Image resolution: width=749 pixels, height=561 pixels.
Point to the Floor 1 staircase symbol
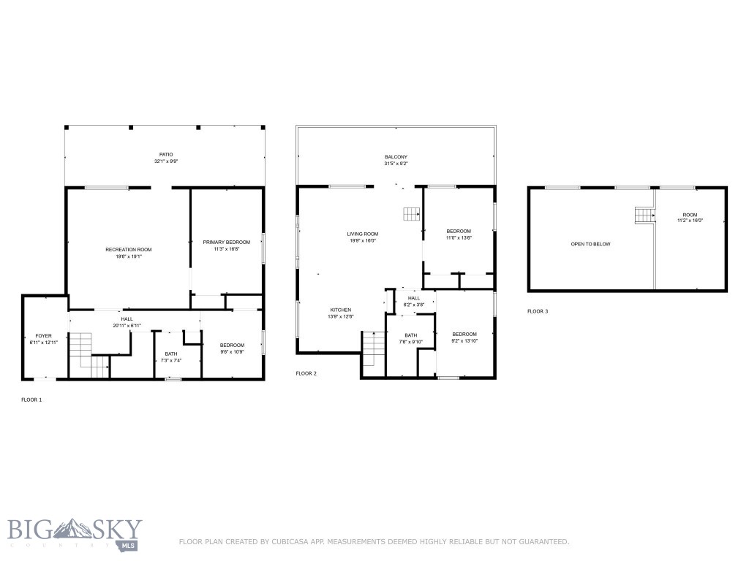point(82,350)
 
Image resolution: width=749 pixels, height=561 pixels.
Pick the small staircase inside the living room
point(412,213)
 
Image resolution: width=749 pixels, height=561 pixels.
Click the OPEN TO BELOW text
point(590,244)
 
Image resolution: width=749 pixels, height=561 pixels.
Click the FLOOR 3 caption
point(538,311)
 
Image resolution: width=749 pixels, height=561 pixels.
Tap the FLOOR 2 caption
point(306,373)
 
